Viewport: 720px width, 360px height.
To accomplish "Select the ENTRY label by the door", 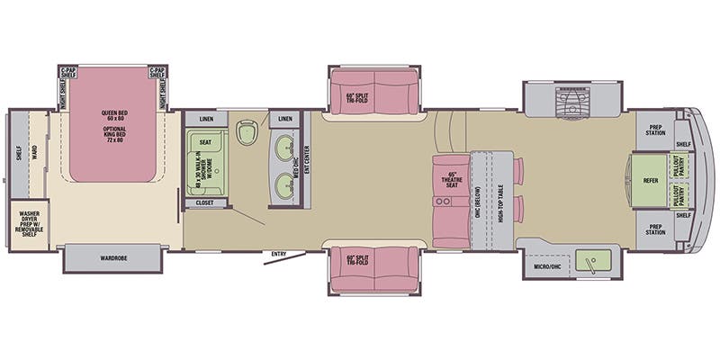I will tap(279, 255).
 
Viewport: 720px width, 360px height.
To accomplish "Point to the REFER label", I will tap(651, 180).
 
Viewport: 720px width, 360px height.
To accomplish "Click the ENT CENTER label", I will tap(306, 159).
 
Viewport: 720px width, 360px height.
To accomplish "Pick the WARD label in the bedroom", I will tap(35, 153).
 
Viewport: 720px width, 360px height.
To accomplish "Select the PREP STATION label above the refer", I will tap(655, 129).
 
